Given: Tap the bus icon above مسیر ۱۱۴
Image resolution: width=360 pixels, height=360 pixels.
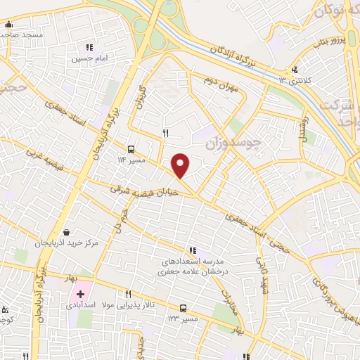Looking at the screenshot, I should click(x=131, y=148).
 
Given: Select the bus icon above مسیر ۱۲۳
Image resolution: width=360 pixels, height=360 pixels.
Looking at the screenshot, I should click(x=184, y=308).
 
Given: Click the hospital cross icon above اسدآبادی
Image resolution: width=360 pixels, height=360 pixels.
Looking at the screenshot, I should click(x=82, y=293).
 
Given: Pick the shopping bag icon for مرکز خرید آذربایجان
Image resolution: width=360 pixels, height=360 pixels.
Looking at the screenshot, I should click(x=66, y=232).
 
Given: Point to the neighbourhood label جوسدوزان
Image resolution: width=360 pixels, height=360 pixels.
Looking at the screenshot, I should click(x=233, y=143).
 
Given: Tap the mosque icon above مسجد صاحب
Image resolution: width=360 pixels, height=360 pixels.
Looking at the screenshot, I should click(x=8, y=25).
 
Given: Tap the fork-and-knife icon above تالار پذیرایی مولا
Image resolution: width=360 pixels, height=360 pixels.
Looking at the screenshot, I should click(x=127, y=295).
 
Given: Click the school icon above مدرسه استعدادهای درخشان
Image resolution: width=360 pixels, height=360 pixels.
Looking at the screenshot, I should click(x=192, y=250).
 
